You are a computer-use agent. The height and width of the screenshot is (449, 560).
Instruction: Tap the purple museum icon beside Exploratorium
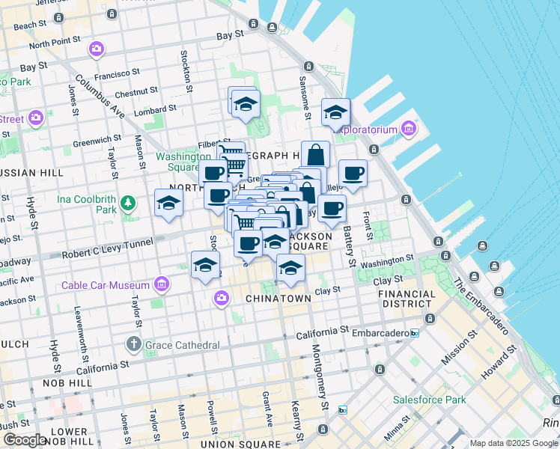408,129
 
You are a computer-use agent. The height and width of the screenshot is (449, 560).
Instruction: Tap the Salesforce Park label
429,400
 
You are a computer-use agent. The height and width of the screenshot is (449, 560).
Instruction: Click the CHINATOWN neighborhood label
278,299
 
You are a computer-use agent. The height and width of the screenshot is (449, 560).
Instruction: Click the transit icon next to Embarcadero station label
413,332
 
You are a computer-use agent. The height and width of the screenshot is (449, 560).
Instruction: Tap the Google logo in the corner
25,440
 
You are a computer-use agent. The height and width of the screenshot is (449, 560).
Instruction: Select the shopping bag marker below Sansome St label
315,155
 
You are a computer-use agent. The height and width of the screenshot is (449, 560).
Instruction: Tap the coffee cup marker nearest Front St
353,174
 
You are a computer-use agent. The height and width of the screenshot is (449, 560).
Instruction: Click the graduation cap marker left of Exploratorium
336,113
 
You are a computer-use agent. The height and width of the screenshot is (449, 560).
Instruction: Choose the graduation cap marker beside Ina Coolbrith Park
169,203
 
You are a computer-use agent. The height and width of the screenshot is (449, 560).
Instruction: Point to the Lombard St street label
156,109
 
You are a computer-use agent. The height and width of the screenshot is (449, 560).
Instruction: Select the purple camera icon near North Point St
96,49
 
